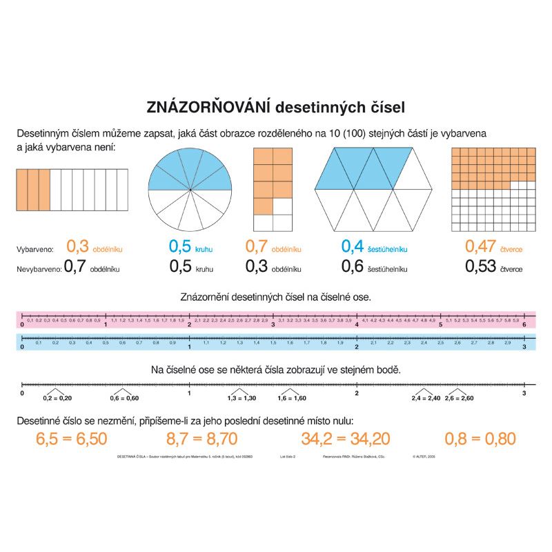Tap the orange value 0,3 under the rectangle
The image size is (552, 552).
tap(78, 246)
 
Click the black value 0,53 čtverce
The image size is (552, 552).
tap(481, 266)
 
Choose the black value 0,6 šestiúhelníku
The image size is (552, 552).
tap(353, 266)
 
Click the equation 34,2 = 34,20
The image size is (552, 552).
tap(346, 438)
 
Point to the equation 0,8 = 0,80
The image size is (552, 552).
tap(481, 438)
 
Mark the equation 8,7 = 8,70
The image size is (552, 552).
tap(202, 438)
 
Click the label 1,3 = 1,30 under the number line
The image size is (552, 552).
tap(241, 398)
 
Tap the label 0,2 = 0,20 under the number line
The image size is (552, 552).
tap(57, 398)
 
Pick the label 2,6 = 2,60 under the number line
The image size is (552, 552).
tap(459, 398)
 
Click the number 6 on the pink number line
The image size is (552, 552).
tap(524, 325)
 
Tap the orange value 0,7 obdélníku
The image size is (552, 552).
tap(257, 246)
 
